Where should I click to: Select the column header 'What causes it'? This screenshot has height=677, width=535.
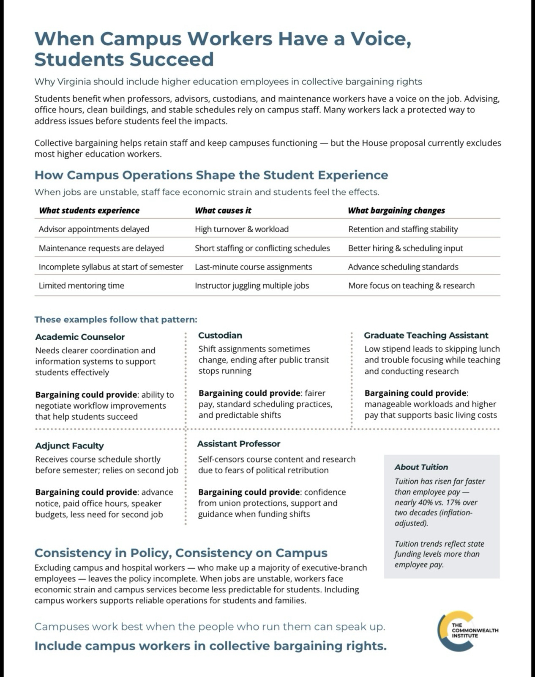[223, 210]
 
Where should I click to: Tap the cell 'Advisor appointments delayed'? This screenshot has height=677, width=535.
[94, 229]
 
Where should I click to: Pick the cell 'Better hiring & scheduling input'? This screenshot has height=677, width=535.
[405, 248]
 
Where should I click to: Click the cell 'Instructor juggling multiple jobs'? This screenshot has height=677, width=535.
[252, 286]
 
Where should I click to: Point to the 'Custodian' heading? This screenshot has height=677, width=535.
[220, 336]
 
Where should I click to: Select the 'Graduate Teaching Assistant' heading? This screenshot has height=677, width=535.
[426, 336]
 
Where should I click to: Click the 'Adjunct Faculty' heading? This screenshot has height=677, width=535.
[69, 446]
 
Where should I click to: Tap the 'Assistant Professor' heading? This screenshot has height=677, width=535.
[239, 444]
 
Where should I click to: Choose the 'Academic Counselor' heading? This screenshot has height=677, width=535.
[80, 337]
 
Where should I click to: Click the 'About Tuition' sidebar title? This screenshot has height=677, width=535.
[421, 467]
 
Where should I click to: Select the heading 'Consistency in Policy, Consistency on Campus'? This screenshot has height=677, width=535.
[181, 553]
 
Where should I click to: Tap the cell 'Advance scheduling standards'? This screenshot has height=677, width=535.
[403, 267]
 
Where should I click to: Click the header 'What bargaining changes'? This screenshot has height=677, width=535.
[396, 210]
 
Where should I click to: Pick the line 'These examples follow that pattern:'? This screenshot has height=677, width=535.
[116, 319]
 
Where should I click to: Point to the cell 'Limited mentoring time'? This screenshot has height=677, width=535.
[82, 286]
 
